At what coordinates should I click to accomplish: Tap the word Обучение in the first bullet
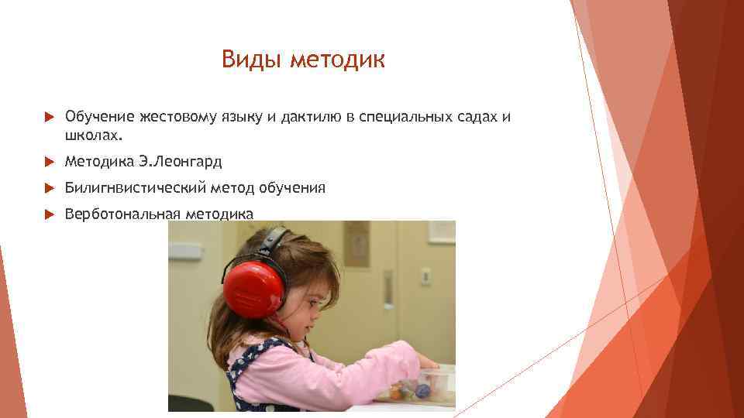tap(99, 117)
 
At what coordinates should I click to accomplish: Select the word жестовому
tap(177, 117)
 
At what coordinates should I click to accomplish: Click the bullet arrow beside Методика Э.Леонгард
tap(49, 162)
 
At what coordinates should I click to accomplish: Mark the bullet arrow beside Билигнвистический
tap(49, 188)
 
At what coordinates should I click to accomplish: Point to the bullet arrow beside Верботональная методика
tap(49, 214)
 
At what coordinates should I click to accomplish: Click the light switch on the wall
tap(425, 276)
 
